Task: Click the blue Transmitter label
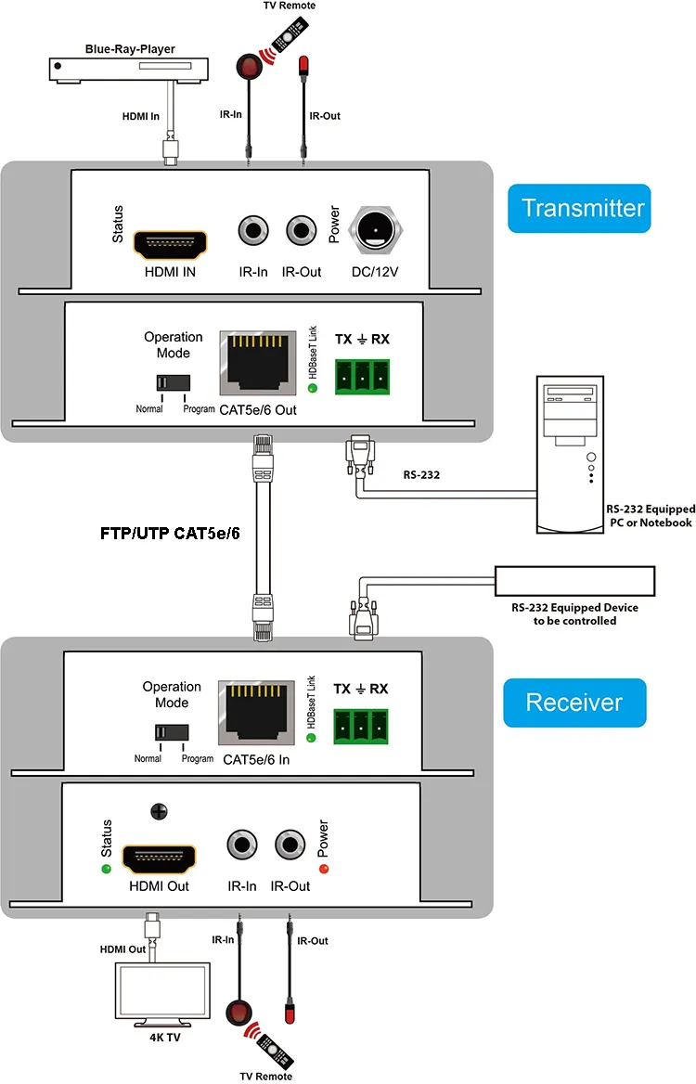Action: (579, 207)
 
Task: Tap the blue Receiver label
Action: (574, 702)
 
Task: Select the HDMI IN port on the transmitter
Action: (171, 244)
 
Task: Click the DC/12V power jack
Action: (376, 228)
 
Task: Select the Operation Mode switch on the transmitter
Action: (173, 382)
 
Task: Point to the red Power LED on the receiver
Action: (324, 869)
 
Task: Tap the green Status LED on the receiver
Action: (107, 869)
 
